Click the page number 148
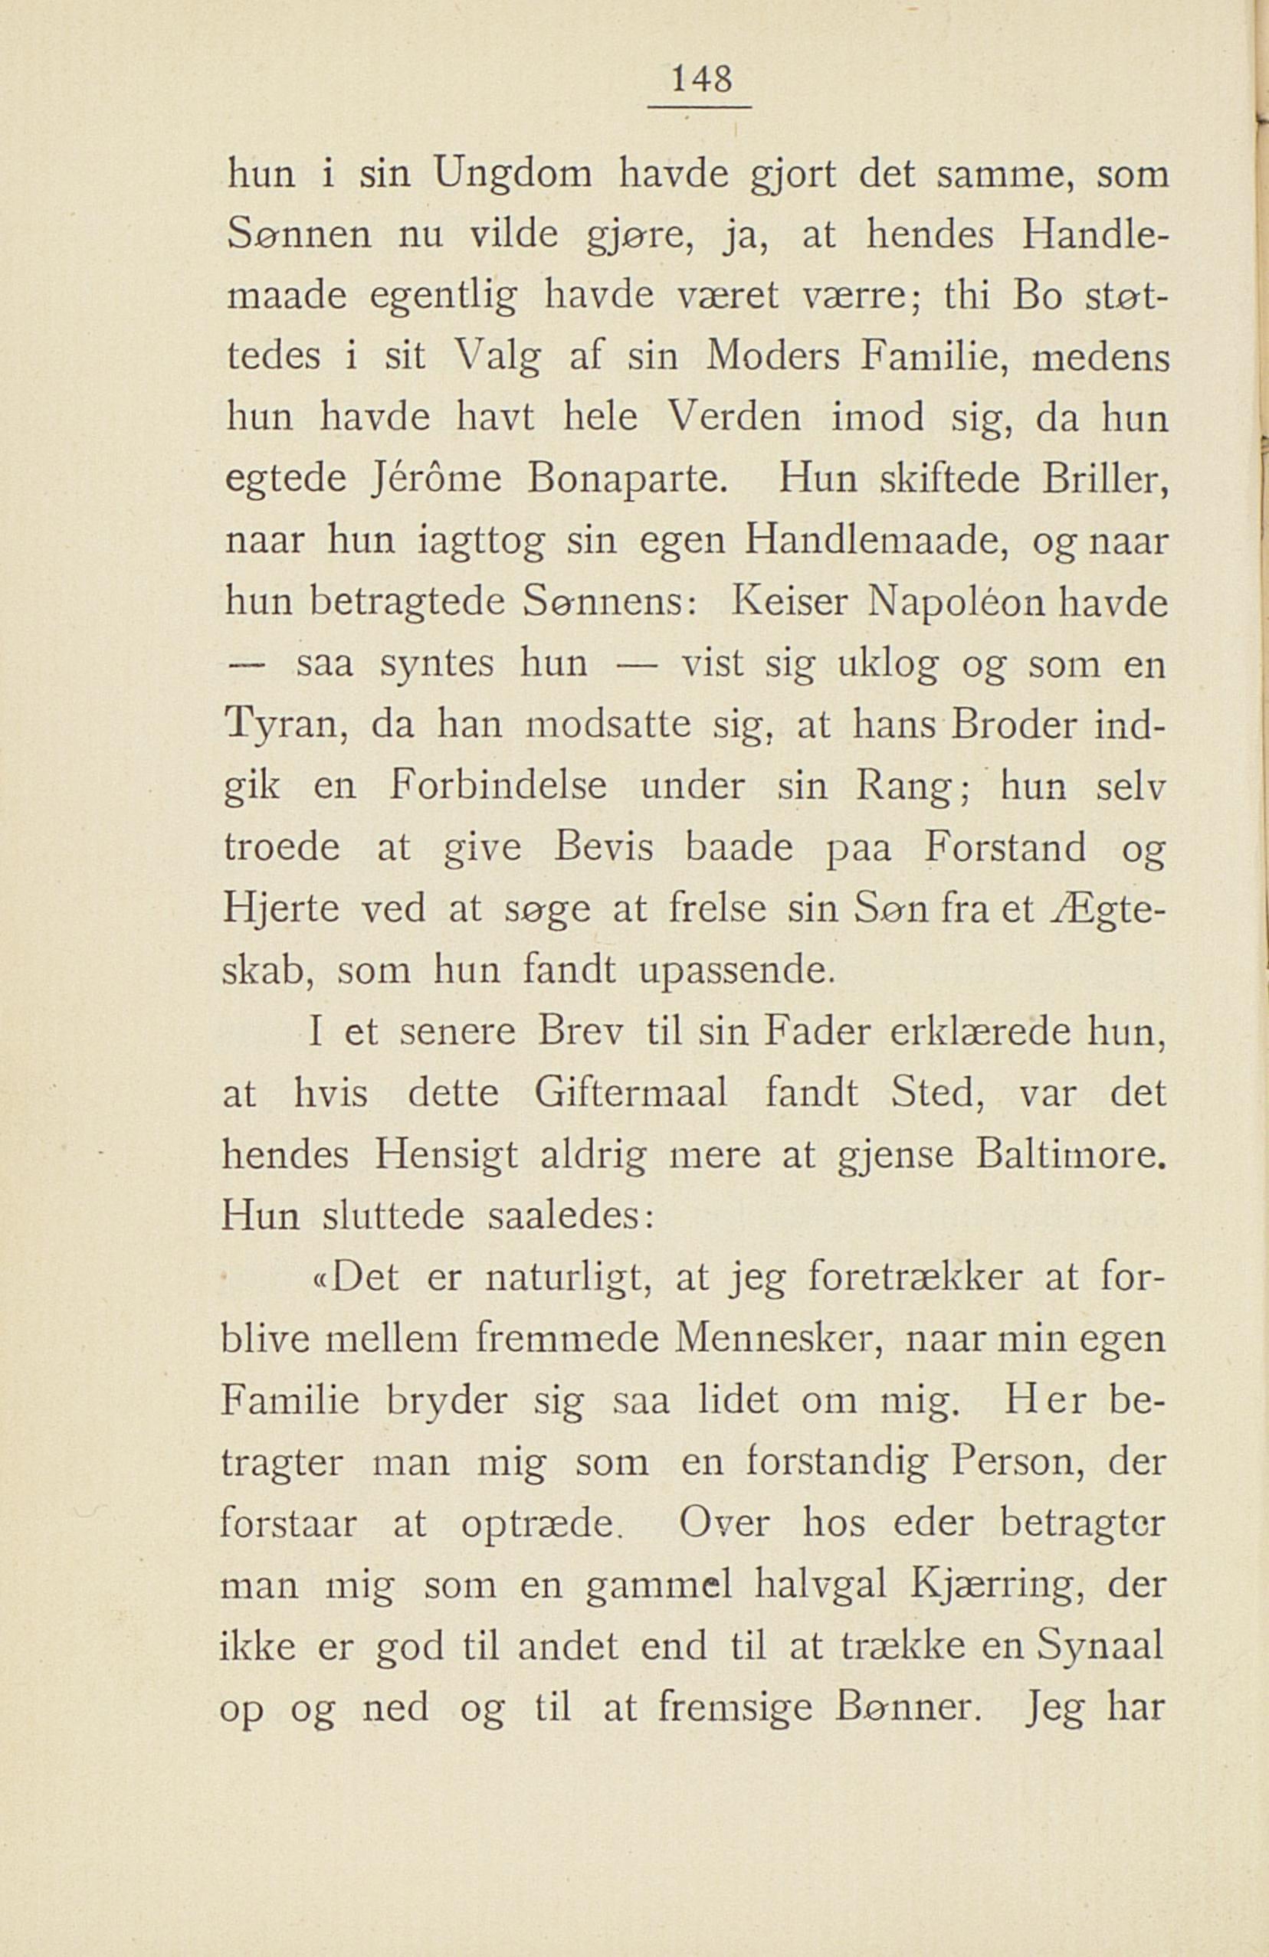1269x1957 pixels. pos(700,80)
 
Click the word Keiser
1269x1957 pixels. pos(782,604)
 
